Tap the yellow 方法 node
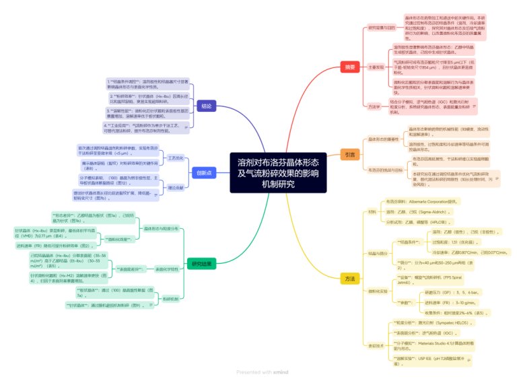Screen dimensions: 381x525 tap(350, 278)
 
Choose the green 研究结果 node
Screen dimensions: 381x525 tap(201, 264)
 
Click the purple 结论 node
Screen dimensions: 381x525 tap(206, 106)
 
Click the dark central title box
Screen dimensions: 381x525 tap(278, 174)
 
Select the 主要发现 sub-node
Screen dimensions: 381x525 tap(376, 67)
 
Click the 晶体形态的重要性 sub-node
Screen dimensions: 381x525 tap(385, 139)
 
